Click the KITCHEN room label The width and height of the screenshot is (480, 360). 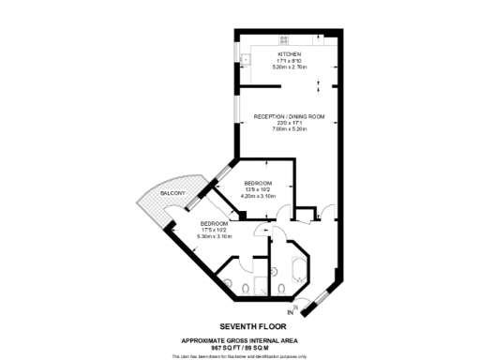pyautogui.click(x=290, y=54)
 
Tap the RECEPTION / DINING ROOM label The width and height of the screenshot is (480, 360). pyautogui.click(x=289, y=116)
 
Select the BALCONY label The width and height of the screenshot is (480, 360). pyautogui.click(x=172, y=193)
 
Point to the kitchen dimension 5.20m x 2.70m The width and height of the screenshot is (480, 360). pyautogui.click(x=290, y=67)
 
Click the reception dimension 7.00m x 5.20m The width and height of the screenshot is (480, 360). pyautogui.click(x=289, y=129)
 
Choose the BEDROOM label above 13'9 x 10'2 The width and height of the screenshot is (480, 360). pyautogui.click(x=258, y=182)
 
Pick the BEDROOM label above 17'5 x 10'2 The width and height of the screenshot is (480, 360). pyautogui.click(x=214, y=223)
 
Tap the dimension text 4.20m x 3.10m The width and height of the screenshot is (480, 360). pyautogui.click(x=258, y=195)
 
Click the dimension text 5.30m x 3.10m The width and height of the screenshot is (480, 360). pyautogui.click(x=214, y=236)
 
